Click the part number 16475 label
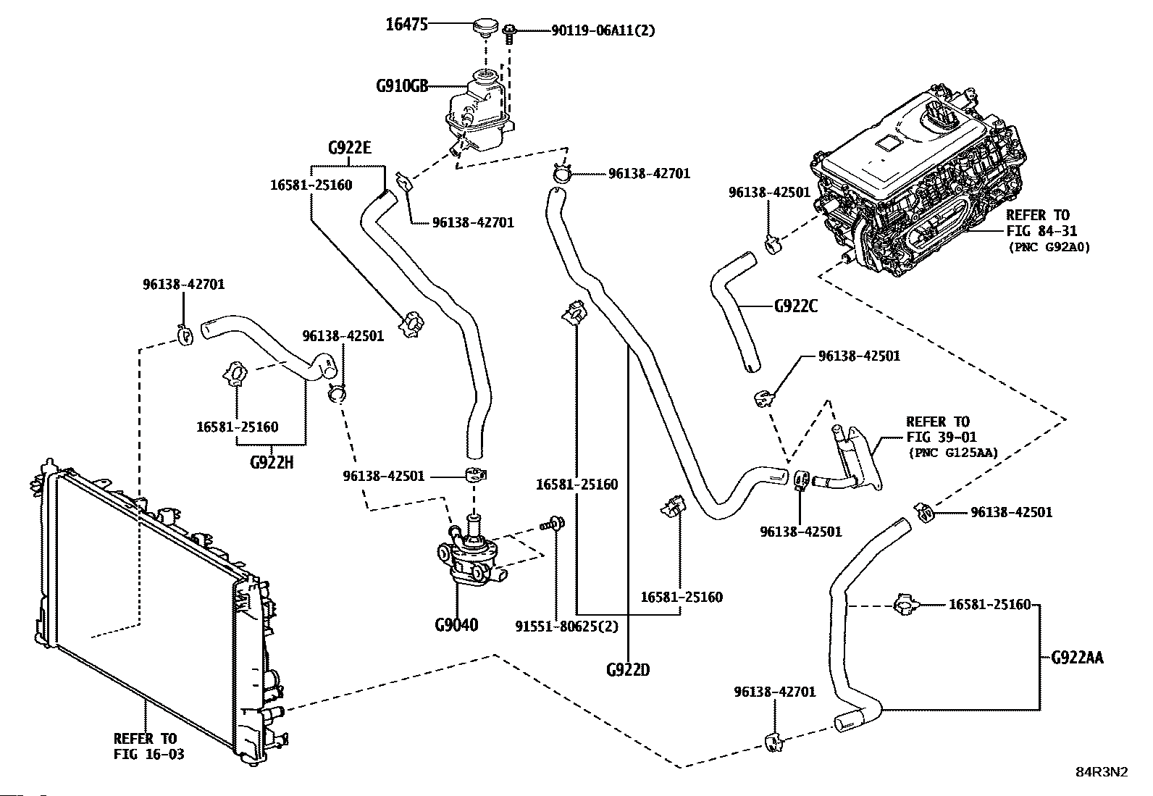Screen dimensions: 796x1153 click(406, 25)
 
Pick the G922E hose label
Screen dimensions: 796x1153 click(349, 148)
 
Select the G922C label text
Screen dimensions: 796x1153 click(795, 306)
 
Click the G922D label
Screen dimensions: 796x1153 click(628, 669)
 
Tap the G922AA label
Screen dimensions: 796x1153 click(1076, 658)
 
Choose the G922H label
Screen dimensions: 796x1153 click(272, 462)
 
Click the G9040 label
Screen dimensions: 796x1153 click(456, 624)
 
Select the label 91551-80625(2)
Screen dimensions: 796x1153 click(567, 625)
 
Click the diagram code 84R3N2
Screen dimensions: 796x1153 click(1101, 772)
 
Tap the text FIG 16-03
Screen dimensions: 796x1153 click(148, 754)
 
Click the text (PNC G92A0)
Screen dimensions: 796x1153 click(1049, 247)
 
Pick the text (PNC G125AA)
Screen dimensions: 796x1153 click(952, 453)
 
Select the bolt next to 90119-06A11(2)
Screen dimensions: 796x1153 click(509, 32)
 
